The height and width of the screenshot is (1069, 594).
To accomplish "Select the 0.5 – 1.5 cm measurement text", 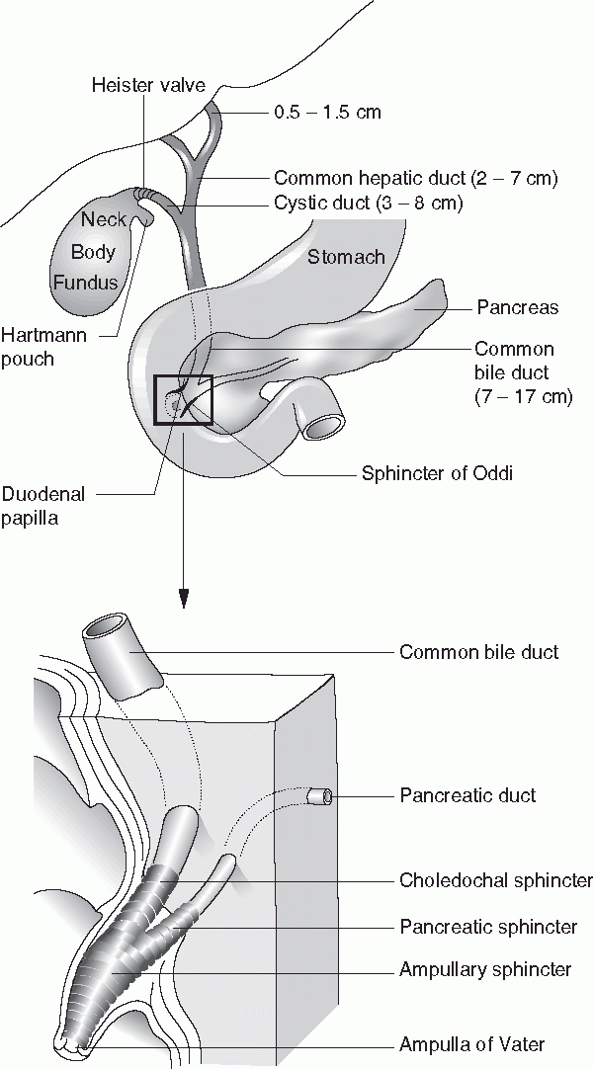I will pyautogui.click(x=327, y=112).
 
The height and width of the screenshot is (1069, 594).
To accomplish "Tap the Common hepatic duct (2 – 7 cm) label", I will pyautogui.click(x=416, y=179).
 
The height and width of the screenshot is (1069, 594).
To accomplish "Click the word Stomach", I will pyautogui.click(x=346, y=258).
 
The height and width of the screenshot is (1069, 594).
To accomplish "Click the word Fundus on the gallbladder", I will pyautogui.click(x=86, y=283).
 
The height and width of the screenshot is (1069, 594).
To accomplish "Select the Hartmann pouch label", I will pyautogui.click(x=43, y=347).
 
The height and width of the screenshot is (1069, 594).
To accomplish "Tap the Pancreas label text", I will pyautogui.click(x=517, y=307).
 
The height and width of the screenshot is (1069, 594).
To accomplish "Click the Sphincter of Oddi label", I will pyautogui.click(x=438, y=472).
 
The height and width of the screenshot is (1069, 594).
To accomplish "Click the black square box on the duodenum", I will pyautogui.click(x=183, y=400).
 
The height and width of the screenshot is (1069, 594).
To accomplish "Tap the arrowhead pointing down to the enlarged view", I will pyautogui.click(x=183, y=597).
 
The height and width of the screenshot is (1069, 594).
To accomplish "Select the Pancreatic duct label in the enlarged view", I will pyautogui.click(x=467, y=795).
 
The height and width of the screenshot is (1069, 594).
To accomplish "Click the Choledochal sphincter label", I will pyautogui.click(x=495, y=880).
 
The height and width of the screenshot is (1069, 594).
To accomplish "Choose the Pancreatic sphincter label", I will pyautogui.click(x=488, y=927).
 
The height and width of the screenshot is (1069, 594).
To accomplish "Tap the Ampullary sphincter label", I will pyautogui.click(x=485, y=970).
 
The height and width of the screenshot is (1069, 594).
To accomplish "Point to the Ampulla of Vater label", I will pyautogui.click(x=471, y=1044).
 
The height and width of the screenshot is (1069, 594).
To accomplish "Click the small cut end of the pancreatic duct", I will pyautogui.click(x=317, y=795).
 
